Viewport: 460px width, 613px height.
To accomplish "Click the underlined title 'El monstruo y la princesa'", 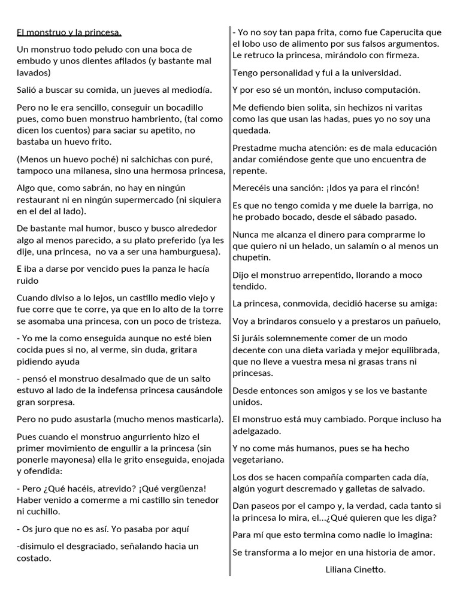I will pos(69,32).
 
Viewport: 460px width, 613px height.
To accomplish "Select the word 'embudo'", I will pos(32,60).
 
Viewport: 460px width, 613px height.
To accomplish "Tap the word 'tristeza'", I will pos(199,321).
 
